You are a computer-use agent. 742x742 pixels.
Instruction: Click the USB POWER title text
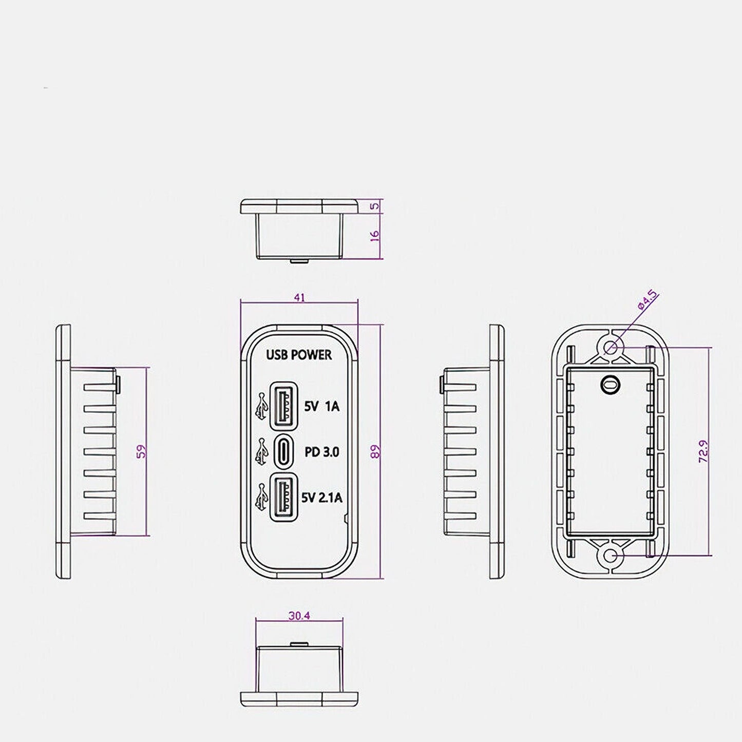point(299,355)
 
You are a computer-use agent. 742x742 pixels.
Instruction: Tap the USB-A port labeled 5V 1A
point(284,406)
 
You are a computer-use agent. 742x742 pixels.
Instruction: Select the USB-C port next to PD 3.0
point(284,451)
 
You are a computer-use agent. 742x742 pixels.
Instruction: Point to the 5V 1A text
point(322,406)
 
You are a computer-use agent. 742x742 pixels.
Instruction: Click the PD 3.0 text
point(322,452)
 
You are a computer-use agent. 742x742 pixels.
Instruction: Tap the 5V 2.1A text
point(322,498)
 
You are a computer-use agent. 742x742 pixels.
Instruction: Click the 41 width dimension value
point(299,298)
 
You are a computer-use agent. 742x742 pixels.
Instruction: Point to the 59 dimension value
point(142,451)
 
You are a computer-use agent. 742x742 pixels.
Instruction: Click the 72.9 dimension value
point(703,451)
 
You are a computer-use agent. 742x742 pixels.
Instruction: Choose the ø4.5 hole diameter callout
point(648,300)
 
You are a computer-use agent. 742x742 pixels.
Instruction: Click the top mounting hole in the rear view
point(609,348)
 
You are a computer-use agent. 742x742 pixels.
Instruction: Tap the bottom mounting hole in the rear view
point(609,556)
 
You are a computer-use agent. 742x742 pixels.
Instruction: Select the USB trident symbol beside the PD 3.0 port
point(261,451)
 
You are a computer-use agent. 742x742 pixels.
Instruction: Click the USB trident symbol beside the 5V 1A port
point(261,406)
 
